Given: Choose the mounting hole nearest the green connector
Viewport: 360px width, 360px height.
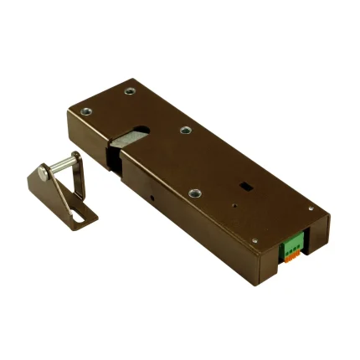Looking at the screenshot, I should coord(194,193).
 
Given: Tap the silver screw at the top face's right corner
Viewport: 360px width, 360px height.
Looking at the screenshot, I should coord(311,208).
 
